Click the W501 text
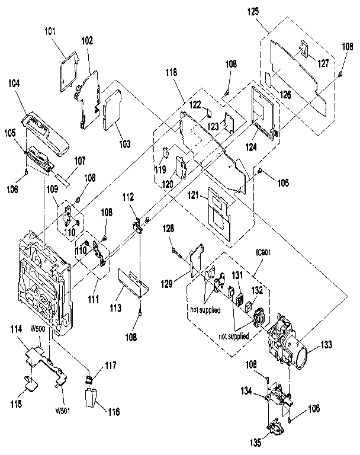(63, 411)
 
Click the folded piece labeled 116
(93, 399)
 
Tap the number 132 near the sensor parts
(257, 290)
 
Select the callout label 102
(87, 41)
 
